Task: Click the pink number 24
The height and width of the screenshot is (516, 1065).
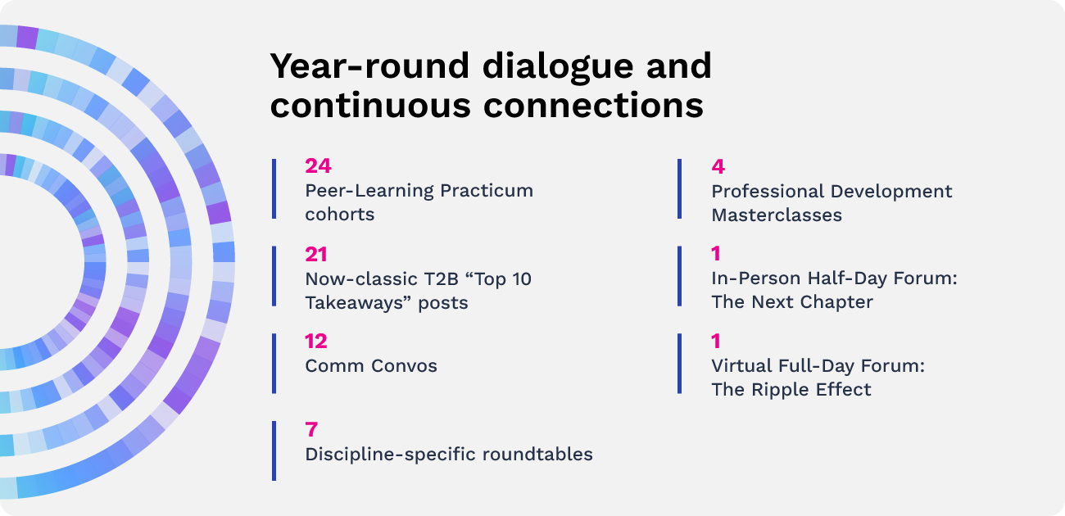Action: [318, 165]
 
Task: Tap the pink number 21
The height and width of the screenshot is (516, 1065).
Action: [316, 254]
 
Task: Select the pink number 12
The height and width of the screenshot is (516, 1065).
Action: [316, 342]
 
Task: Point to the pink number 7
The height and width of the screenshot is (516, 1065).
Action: [311, 429]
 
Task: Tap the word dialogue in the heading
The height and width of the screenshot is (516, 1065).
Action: [558, 67]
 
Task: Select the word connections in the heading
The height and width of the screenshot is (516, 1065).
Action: [593, 105]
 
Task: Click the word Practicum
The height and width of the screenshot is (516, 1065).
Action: [487, 191]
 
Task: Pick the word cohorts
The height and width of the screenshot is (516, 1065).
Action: [339, 215]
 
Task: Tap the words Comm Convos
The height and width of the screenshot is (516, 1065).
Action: [371, 366]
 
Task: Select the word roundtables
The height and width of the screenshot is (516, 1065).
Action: [537, 455]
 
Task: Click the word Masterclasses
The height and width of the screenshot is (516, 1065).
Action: [777, 215]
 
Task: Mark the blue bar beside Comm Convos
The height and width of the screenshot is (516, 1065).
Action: [274, 364]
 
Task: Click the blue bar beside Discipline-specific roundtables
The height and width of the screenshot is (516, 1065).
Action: [274, 451]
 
